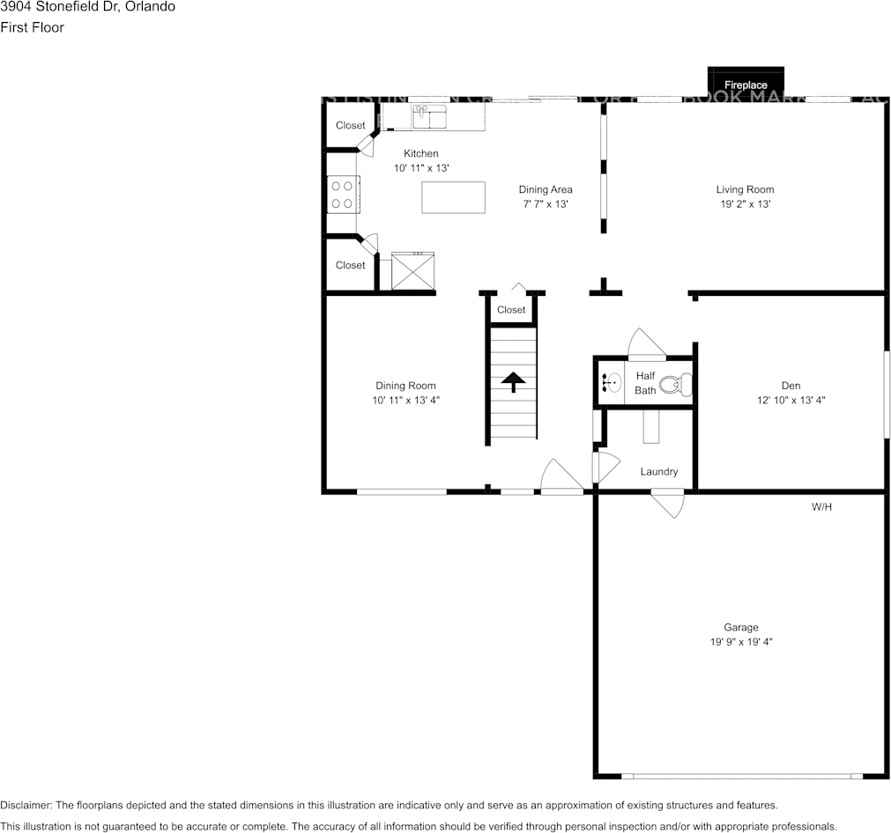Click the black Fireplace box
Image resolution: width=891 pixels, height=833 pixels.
click(746, 82)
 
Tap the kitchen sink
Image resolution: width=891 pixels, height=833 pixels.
click(430, 115)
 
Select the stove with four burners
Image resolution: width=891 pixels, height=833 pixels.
click(341, 195)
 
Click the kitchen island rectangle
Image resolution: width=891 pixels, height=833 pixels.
click(453, 197)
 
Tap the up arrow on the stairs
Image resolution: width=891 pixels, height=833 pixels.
click(513, 381)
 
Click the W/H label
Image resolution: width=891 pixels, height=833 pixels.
click(821, 507)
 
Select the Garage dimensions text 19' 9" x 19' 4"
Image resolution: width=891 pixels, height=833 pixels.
click(741, 642)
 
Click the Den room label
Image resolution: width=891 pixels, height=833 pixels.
click(791, 386)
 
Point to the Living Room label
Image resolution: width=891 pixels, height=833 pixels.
click(745, 189)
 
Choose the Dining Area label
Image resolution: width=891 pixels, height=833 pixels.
click(546, 189)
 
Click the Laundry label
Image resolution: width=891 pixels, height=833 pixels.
click(659, 472)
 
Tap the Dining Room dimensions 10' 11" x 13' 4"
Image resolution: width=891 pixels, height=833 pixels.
click(405, 400)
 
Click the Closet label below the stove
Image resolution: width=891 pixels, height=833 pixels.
click(350, 265)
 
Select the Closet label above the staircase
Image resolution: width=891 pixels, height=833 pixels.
click(511, 310)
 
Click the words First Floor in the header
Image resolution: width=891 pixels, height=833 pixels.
click(32, 27)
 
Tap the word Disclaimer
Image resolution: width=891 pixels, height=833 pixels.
click(26, 806)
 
